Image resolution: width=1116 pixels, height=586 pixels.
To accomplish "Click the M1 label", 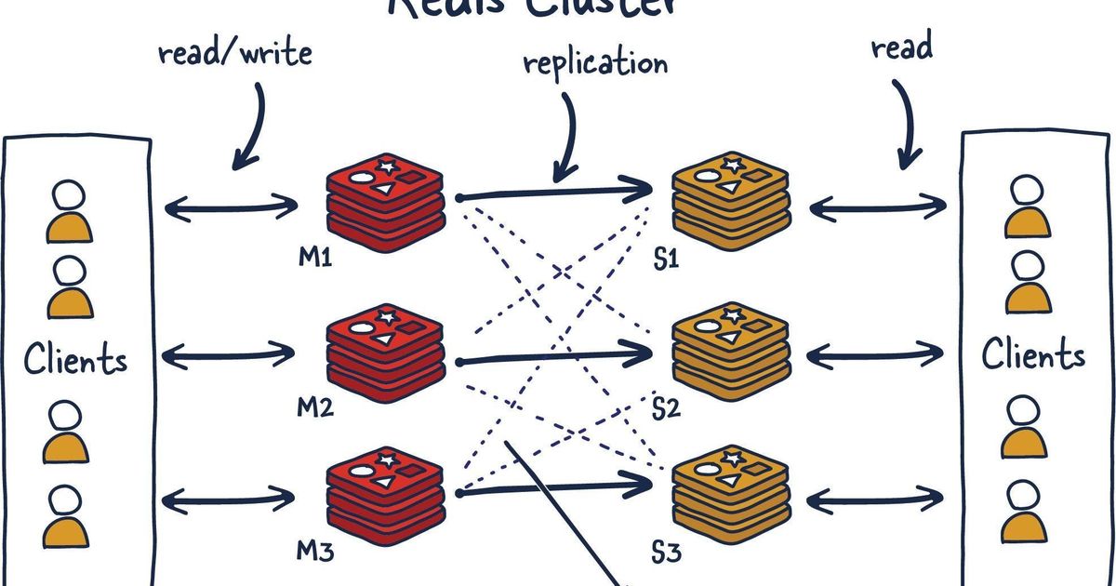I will (315, 257).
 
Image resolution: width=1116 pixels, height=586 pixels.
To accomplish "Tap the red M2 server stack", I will (385, 354).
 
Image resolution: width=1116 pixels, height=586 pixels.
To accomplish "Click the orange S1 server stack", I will (731, 197).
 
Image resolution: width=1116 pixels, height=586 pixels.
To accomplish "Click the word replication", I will (595, 63).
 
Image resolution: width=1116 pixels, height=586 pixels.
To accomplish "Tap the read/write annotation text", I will (234, 52).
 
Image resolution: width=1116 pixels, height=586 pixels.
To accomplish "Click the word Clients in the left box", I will (75, 359).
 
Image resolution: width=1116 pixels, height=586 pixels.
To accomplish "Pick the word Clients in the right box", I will (1033, 354).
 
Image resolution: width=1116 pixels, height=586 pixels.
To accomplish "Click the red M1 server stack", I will (385, 199).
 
